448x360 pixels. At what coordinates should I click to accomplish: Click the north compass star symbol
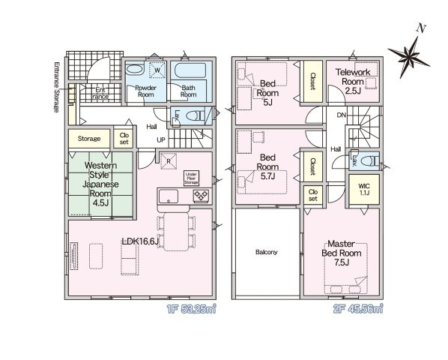tap(408, 57)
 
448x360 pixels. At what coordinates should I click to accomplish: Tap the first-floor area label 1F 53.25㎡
tap(191, 309)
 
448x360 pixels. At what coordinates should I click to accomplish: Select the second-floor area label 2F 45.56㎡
tap(358, 309)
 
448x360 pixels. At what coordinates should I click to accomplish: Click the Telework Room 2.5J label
tap(353, 82)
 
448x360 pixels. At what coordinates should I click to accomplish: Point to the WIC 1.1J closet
tap(364, 189)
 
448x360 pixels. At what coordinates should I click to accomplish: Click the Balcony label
tap(266, 252)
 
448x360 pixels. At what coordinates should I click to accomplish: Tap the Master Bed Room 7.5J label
tap(342, 253)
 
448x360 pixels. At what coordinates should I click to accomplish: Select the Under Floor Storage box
tap(191, 178)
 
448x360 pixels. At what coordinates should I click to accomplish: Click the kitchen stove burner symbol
tap(201, 196)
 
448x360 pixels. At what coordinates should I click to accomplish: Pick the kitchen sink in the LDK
tap(169, 196)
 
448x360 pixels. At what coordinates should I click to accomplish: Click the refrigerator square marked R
tap(169, 161)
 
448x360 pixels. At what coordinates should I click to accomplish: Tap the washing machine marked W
tap(157, 70)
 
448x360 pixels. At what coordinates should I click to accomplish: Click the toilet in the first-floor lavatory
tap(196, 115)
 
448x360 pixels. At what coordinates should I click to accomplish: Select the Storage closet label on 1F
tap(89, 139)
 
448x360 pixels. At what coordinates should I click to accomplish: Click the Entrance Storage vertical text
tap(57, 87)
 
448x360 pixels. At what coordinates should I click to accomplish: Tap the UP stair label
tap(161, 140)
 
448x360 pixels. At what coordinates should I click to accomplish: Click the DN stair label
tap(341, 115)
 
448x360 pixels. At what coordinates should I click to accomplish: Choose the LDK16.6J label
tap(140, 241)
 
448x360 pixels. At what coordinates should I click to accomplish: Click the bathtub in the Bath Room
tap(190, 70)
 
